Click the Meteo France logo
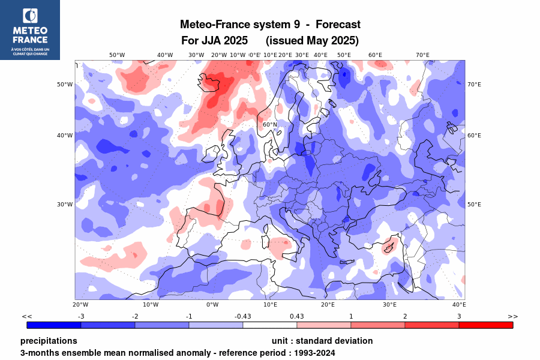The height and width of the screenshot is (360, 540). click(30, 29)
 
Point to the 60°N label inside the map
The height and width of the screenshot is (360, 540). click(270, 125)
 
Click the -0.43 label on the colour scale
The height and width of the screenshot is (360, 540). click(243, 316)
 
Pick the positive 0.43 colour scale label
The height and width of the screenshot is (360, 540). click(297, 316)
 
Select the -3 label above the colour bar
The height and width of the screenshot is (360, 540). click(81, 316)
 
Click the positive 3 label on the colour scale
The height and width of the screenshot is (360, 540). click(459, 316)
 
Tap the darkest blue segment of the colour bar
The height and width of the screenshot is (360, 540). click(54, 325)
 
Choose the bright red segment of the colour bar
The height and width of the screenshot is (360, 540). click(486, 325)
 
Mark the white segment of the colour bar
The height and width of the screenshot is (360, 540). click(270, 325)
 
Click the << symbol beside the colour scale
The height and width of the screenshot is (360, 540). click(26, 316)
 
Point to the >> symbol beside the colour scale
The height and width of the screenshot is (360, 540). click(513, 316)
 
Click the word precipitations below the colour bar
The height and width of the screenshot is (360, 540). click(49, 341)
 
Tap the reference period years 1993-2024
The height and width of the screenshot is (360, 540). click(313, 353)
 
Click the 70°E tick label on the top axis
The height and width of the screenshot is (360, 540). click(423, 55)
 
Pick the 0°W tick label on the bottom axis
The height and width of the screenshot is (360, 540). click(212, 305)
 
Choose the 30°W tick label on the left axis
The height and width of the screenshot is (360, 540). click(65, 205)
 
